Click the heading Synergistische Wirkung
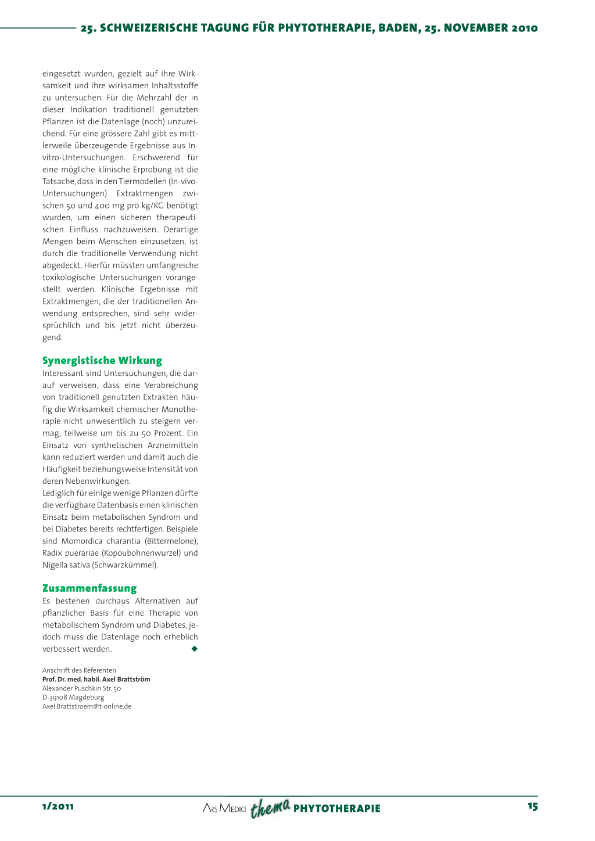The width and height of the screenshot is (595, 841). pos(102,361)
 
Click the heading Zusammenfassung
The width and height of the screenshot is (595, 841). pos(89,588)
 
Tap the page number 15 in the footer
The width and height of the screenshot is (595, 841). pos(533,806)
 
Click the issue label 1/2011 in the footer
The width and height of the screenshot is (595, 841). pos(58,806)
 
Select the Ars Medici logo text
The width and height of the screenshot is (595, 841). pos(224,808)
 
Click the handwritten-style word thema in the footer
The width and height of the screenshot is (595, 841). pos(270,807)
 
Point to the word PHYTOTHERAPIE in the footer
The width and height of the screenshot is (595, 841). pos(337,808)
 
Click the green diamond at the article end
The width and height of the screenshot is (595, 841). pos(195,649)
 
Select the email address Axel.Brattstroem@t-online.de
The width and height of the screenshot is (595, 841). pos(87,706)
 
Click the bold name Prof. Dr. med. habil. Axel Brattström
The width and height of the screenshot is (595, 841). pos(96,679)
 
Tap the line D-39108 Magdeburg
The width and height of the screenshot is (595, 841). pos(73,698)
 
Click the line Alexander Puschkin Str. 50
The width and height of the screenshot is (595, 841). pos(82,688)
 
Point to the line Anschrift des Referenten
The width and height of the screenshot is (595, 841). pos(79,670)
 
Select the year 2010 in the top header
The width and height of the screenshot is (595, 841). pos(525,28)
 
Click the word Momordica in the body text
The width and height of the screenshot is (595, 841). pos(81,541)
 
